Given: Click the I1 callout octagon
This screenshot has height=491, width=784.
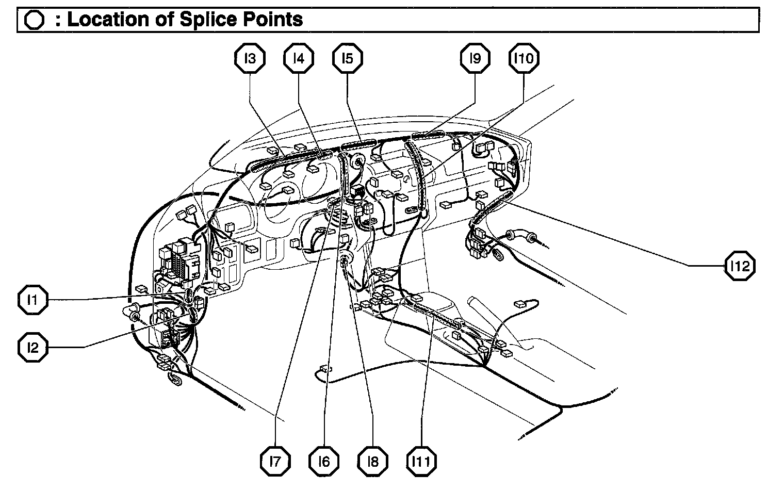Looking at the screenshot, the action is (x=32, y=300).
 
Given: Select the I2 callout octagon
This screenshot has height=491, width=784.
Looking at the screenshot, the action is (x=32, y=348).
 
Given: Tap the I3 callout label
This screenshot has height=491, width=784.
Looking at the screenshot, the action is (x=250, y=58).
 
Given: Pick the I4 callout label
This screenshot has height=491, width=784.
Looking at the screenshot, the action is (x=299, y=58).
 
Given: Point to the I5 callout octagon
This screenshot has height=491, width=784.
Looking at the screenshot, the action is (x=347, y=58).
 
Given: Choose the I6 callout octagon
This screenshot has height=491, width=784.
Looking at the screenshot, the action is (x=324, y=461).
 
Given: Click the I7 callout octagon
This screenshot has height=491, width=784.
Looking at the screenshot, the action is (x=275, y=461).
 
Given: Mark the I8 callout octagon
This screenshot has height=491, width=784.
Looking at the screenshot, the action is (x=372, y=461).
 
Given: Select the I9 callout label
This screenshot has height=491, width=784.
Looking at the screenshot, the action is (x=475, y=58).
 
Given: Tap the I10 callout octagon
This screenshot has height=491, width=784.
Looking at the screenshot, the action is (x=524, y=58).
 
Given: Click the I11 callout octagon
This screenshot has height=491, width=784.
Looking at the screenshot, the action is (x=421, y=461).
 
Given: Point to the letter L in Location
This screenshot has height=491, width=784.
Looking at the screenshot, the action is (x=73, y=20).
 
